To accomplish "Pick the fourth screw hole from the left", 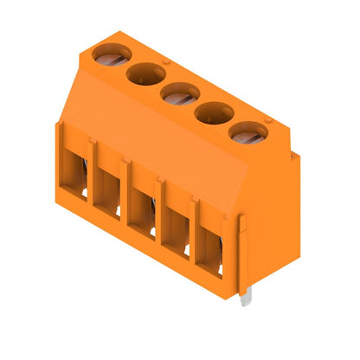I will click(215, 112).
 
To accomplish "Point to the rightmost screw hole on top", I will click(250, 132).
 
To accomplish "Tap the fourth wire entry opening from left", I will click(177, 225).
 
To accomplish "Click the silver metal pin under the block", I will click(247, 297).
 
